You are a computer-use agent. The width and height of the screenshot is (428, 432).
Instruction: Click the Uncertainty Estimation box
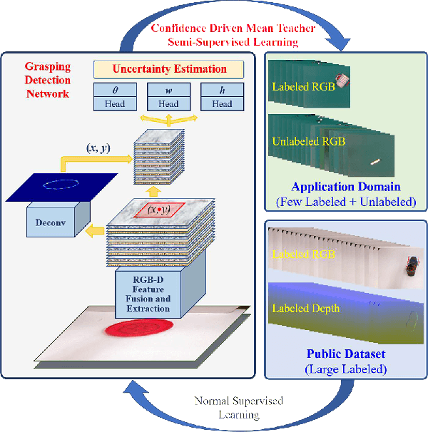click(168, 70)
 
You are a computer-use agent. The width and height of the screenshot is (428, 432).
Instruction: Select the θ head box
click(114, 97)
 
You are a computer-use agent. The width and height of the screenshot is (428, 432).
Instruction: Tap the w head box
click(168, 97)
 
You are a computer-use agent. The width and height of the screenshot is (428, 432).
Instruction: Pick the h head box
click(222, 97)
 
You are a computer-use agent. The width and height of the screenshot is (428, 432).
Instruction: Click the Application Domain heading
click(345, 187)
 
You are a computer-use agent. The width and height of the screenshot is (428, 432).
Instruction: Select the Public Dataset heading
click(345, 354)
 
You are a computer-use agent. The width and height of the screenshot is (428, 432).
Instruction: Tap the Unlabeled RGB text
click(308, 141)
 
